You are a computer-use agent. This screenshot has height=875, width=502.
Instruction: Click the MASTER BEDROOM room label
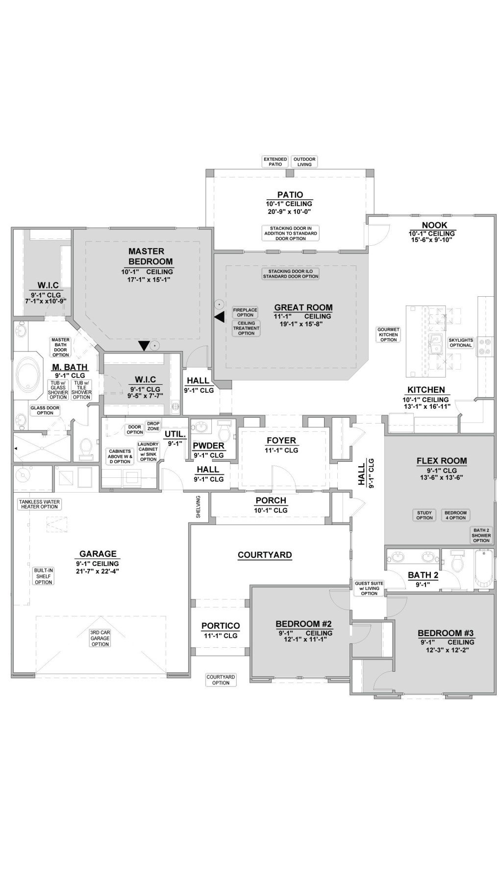[147, 257]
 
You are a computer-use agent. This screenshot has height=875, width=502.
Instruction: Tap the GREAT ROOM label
[303, 307]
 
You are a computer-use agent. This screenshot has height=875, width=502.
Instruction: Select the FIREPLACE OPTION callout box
[245, 312]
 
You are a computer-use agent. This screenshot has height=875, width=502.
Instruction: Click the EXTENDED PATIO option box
[275, 162]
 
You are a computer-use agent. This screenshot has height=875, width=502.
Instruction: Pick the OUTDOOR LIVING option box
[304, 162]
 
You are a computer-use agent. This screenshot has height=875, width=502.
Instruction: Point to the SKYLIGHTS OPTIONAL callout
[461, 342]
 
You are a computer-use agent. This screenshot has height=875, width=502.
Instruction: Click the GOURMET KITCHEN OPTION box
[388, 334]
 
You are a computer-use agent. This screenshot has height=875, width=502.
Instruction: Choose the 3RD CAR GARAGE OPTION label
[100, 638]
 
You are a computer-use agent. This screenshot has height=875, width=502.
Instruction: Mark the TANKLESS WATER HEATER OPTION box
[39, 504]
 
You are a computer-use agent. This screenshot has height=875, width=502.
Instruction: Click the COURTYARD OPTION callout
[221, 680]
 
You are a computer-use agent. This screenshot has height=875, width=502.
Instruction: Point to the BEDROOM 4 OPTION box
[455, 515]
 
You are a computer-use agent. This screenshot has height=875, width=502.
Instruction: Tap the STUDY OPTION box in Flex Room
[425, 515]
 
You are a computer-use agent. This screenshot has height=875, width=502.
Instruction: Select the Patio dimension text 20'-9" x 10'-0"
[289, 212]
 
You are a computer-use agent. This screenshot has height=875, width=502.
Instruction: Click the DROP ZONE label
[153, 426]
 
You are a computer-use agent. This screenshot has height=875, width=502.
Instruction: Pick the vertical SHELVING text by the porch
[199, 507]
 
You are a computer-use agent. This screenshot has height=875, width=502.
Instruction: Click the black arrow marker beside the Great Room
[219, 317]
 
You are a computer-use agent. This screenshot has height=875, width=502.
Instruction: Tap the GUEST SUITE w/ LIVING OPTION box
[369, 588]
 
